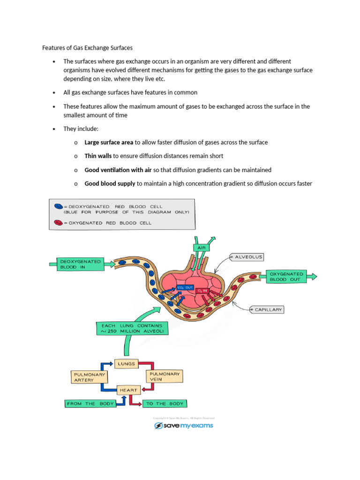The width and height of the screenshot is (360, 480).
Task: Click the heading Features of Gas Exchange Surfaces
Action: coord(87,47)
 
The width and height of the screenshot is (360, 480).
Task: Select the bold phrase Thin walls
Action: coord(98,156)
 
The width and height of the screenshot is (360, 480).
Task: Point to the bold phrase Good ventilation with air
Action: coord(118,170)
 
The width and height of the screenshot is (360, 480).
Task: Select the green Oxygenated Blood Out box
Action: coord(286,276)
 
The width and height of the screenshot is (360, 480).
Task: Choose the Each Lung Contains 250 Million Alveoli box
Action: coord(129,328)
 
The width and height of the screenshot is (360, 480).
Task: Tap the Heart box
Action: coord(128,390)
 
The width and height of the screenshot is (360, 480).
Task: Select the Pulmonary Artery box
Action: coord(89,377)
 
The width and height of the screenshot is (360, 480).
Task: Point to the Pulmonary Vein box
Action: coord(164,376)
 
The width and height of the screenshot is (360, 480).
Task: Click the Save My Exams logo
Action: coord(184,426)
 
